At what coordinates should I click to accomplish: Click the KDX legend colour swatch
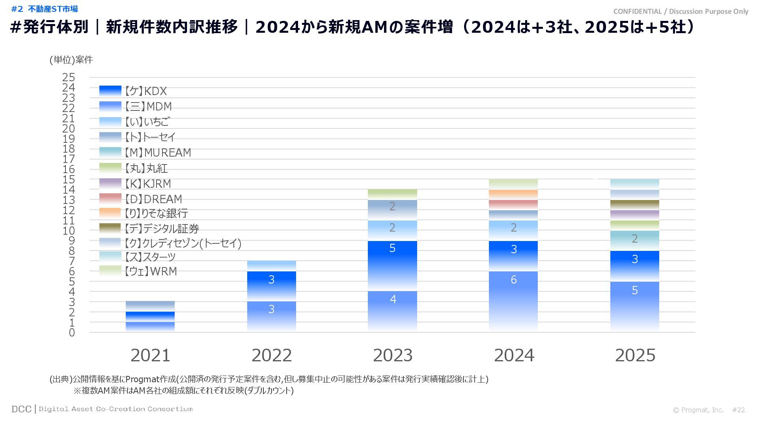[x=110, y=91]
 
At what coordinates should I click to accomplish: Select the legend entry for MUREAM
[x=158, y=153]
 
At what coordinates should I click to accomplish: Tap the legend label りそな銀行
[x=156, y=213]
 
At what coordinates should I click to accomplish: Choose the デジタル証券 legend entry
[x=162, y=228]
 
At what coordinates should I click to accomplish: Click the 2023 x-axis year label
[x=393, y=355]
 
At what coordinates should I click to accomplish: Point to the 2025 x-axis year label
[x=635, y=355]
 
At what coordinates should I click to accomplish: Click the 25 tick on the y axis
[x=69, y=77]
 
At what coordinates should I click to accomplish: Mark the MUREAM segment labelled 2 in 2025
[x=635, y=241]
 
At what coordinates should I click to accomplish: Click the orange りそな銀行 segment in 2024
[x=513, y=194]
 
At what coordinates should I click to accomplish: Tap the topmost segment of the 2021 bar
[x=150, y=306]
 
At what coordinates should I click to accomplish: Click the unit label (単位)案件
[x=71, y=60]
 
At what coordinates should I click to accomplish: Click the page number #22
[x=738, y=410]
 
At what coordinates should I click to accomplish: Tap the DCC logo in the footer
[x=21, y=409]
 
